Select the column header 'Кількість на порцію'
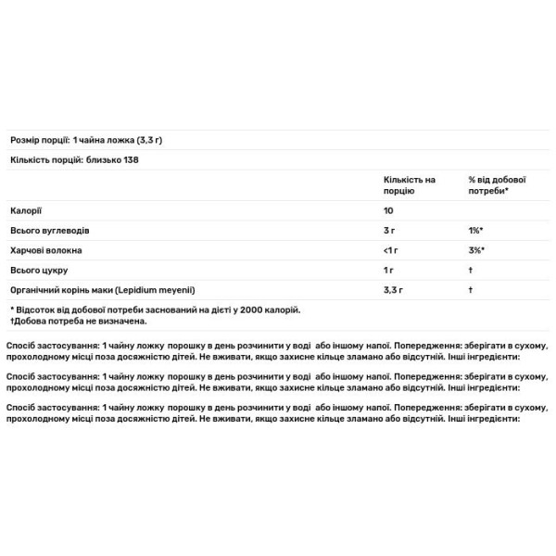pos(409,184)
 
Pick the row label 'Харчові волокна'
pos(45,250)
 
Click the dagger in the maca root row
pos(471,290)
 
